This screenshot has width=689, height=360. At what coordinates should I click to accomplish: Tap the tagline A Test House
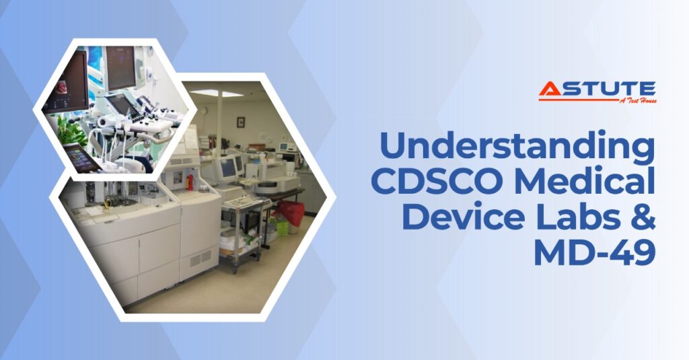click(x=638, y=101)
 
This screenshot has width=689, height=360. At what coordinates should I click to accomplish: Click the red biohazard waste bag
click(x=291, y=211)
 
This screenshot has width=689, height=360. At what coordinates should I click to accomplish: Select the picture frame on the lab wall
click(x=241, y=122)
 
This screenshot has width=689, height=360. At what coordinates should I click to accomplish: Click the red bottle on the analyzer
click(x=190, y=182)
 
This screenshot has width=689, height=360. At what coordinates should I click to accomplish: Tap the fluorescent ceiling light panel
click(x=215, y=93)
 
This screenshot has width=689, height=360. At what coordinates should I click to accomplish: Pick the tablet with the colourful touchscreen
click(x=82, y=157)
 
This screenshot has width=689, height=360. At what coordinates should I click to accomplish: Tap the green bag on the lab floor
click(x=282, y=227)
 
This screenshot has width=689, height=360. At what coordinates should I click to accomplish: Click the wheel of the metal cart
click(x=235, y=270)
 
